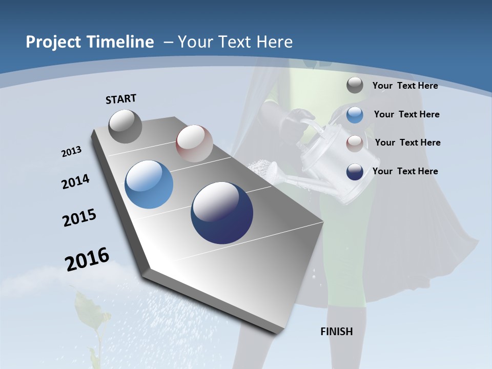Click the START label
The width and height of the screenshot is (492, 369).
coord(121,99)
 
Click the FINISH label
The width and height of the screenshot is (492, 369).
coord(336,332)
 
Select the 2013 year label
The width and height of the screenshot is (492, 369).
coord(71,152)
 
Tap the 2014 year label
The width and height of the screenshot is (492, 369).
coord(75,181)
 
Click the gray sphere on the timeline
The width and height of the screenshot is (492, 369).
coord(126,126)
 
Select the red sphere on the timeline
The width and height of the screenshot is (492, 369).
coord(194,143)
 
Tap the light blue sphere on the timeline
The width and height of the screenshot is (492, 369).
coord(149,184)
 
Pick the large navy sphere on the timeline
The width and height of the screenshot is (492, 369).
coord(222,213)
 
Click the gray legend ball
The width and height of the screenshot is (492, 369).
coord(355,86)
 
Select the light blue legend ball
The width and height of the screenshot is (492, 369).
coord(355,115)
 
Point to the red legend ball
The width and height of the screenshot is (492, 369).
coord(355,143)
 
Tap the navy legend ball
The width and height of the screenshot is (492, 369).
coord(355,172)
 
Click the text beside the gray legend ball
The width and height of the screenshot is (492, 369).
coord(405,86)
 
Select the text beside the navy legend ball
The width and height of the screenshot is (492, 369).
coord(405,171)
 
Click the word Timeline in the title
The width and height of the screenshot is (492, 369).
coord(121,42)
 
